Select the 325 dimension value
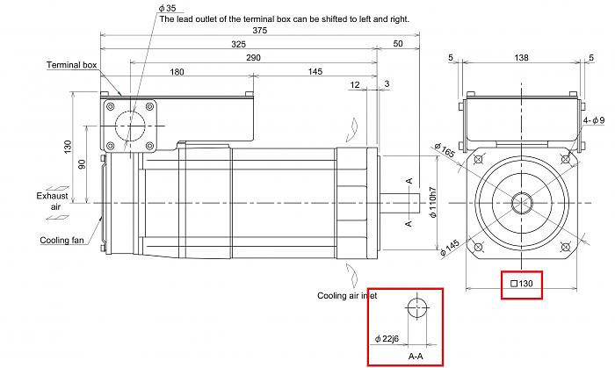click(x=239, y=44)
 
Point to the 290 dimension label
click(x=254, y=57)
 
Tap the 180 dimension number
click(x=177, y=72)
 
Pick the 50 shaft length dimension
click(x=398, y=44)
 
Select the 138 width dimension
click(x=522, y=58)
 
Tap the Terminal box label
click(x=72, y=65)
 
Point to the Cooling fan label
click(x=62, y=240)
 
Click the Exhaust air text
click(x=52, y=201)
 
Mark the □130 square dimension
click(x=522, y=284)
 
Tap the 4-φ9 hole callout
click(x=594, y=119)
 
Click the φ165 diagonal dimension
click(x=445, y=151)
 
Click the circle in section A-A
click(x=417, y=308)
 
